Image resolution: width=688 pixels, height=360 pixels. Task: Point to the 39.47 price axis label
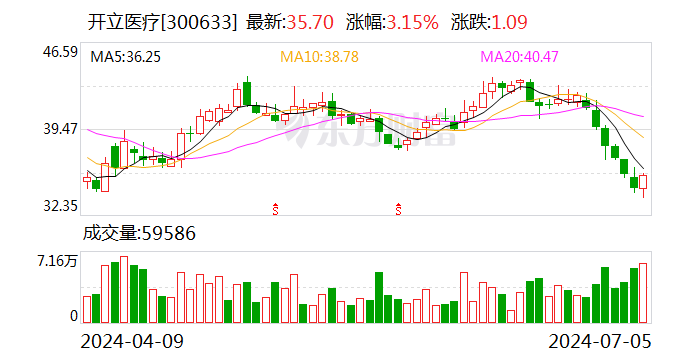(x=60, y=129)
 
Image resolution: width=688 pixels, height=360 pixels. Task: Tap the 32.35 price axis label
(x=60, y=206)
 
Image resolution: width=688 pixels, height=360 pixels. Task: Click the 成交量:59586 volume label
(x=139, y=234)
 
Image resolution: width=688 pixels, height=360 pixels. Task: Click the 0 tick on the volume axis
(x=73, y=316)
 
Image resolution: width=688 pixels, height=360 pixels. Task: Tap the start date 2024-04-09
(x=133, y=341)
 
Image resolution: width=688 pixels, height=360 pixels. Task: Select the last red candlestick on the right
(x=644, y=182)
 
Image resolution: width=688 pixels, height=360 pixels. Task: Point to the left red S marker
(x=275, y=209)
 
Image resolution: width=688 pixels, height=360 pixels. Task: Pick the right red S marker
(x=398, y=209)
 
